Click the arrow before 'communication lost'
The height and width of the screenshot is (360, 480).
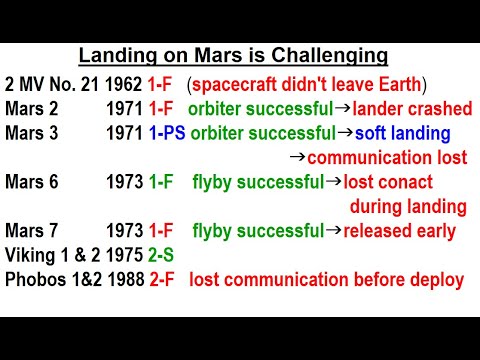pos(296,157)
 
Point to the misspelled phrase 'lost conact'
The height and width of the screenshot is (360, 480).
pos(388,183)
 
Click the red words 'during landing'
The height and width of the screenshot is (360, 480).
pos(407,208)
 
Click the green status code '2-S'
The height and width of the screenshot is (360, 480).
pos(159,256)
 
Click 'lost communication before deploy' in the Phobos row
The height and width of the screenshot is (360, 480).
pos(326,280)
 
